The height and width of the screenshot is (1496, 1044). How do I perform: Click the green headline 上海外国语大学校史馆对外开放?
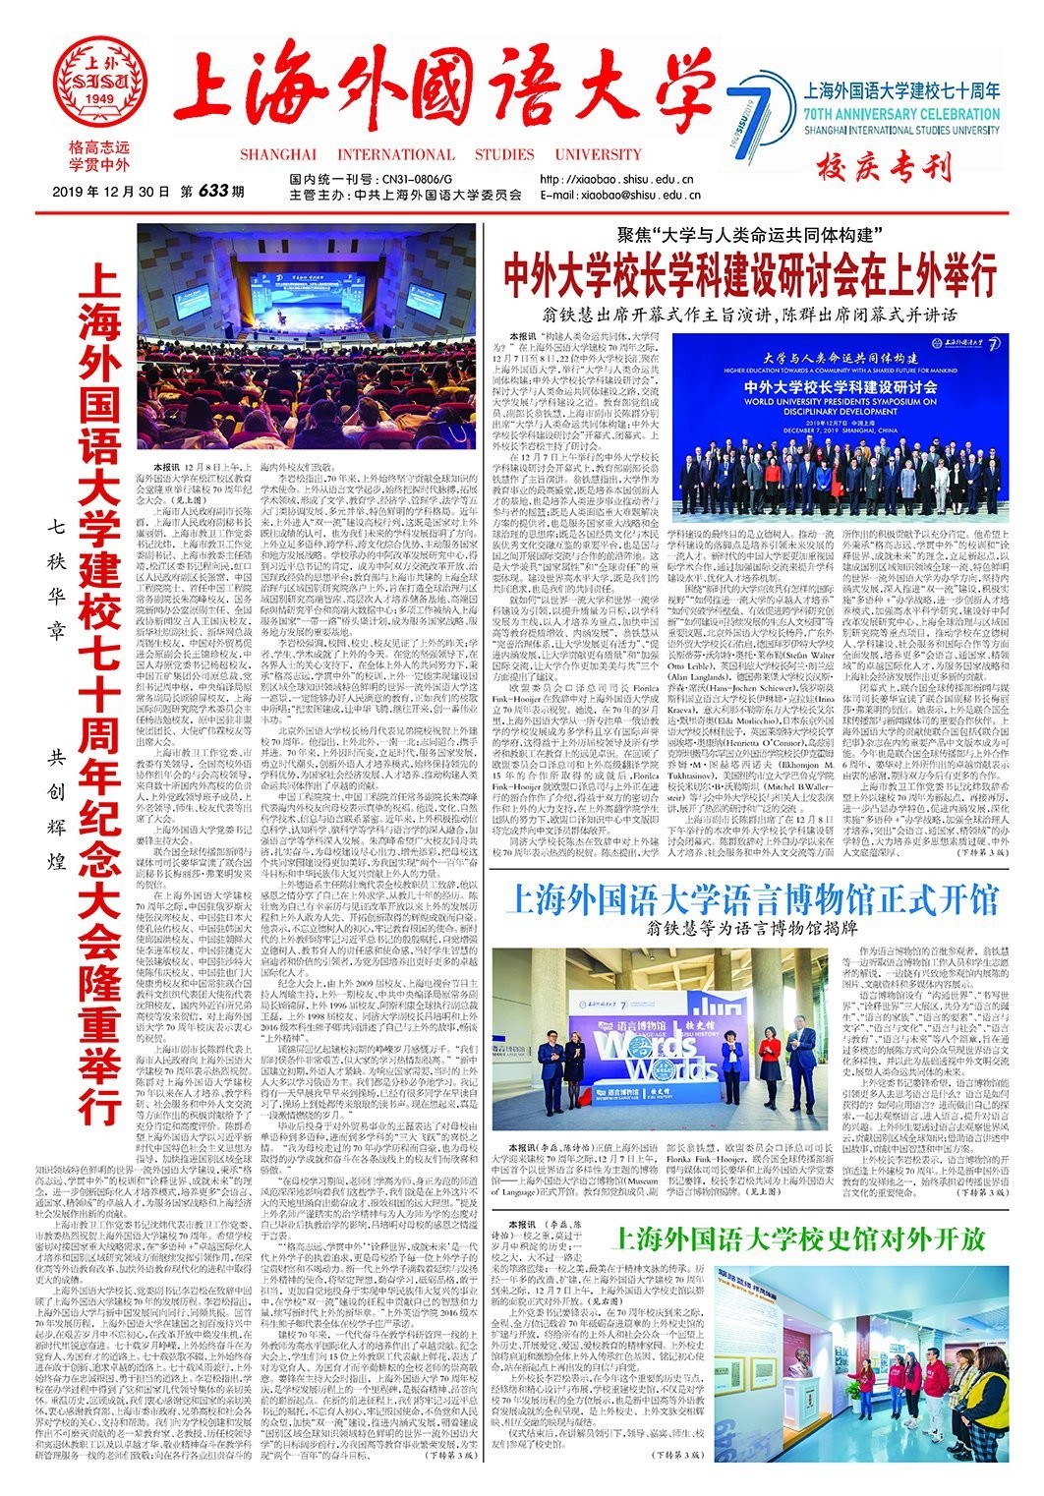pyautogui.click(x=796, y=1236)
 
